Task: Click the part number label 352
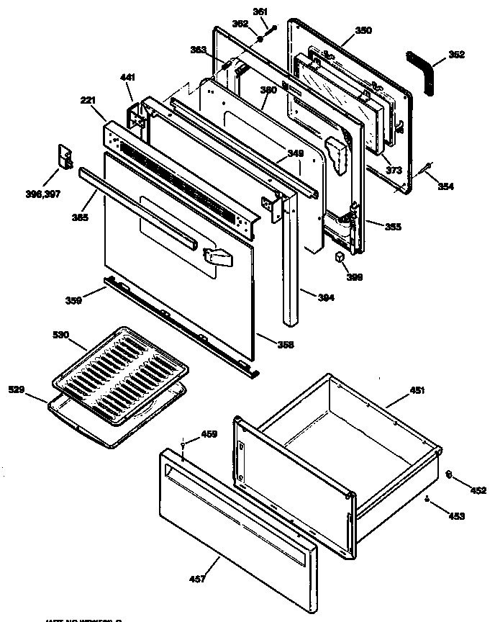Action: point(457,54)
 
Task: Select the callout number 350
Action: point(365,32)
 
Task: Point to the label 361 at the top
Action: point(260,12)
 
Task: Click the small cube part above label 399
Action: point(340,258)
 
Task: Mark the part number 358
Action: point(286,345)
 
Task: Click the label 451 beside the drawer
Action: point(417,391)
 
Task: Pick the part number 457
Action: point(196,579)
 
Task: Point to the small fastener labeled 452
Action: point(448,473)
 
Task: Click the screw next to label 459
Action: point(184,445)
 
